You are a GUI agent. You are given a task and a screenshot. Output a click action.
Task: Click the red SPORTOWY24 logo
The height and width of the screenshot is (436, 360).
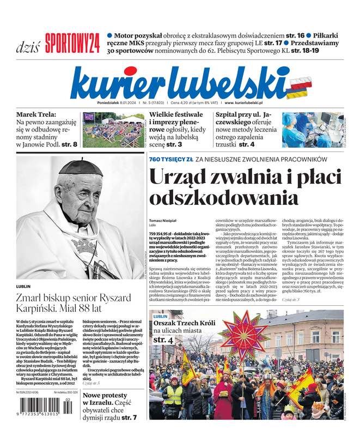(x=72, y=43)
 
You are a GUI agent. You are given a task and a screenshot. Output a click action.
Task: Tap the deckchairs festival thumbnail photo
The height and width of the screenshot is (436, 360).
(x=112, y=130)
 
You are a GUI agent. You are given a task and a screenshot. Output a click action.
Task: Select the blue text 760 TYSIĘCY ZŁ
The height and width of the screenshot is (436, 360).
(x=170, y=159)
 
